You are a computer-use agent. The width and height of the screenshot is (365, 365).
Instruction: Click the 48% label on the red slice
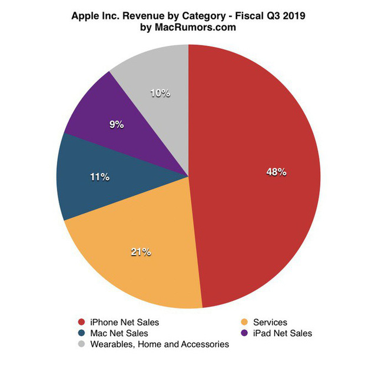point(276,172)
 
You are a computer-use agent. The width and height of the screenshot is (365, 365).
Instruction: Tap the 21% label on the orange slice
point(141,252)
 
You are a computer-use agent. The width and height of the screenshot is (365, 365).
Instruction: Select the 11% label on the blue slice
point(99,177)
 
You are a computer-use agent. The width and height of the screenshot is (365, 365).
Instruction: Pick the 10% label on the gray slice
point(160,93)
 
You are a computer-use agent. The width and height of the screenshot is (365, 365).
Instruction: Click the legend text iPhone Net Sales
point(124,322)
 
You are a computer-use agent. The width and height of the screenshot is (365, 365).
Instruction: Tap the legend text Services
point(270,322)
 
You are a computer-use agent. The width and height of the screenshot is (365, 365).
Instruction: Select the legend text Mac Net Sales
point(119,333)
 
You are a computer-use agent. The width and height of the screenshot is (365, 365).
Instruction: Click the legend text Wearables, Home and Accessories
point(159,344)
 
